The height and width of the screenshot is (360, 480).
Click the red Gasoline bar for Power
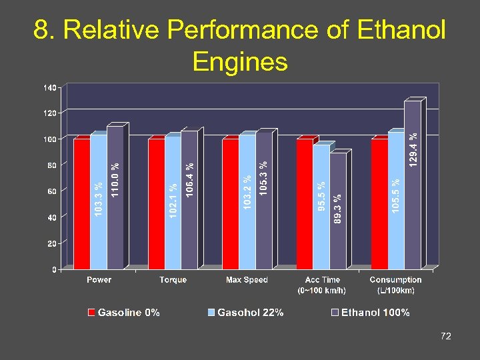coord(82,203)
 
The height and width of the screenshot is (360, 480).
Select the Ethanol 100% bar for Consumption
coord(413,185)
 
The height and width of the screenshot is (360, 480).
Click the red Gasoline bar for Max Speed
coord(230,203)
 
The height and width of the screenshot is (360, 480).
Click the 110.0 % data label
coord(115,179)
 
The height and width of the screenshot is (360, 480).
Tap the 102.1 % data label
coord(173,204)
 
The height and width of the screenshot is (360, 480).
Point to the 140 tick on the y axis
coord(50,87)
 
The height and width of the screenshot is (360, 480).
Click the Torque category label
coord(173,280)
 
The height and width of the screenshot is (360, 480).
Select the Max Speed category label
coord(247,280)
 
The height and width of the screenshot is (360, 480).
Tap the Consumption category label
coord(395,280)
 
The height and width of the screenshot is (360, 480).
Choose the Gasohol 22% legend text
coord(250,313)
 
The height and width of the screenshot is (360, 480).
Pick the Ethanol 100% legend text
coord(375,313)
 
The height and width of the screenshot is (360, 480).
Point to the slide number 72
coord(446,337)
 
